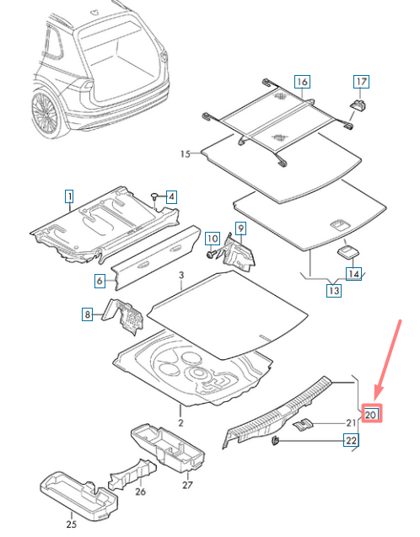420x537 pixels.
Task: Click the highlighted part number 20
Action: pos(372,413)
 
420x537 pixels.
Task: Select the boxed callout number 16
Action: pos(302,82)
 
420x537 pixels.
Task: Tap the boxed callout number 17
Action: pos(361,82)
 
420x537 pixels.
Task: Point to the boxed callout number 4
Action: pos(99,282)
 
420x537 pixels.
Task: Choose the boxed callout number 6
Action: pos(99,282)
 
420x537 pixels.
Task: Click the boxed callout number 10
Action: pos(213,239)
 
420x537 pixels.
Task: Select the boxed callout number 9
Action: pos(240,228)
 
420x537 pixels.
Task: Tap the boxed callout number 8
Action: pos(87,314)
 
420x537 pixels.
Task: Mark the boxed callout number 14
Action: pos(354,273)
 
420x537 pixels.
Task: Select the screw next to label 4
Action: pos(155,196)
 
